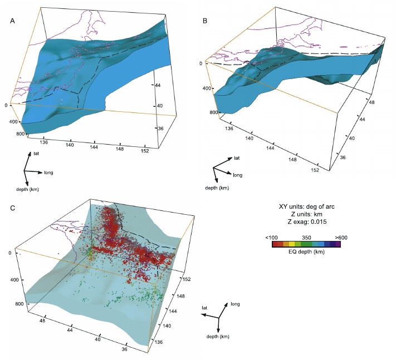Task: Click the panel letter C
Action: [x=13, y=209]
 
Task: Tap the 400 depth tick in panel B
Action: [x=207, y=89]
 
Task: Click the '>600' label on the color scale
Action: [x=340, y=237]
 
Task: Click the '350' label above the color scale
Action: [x=306, y=237]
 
